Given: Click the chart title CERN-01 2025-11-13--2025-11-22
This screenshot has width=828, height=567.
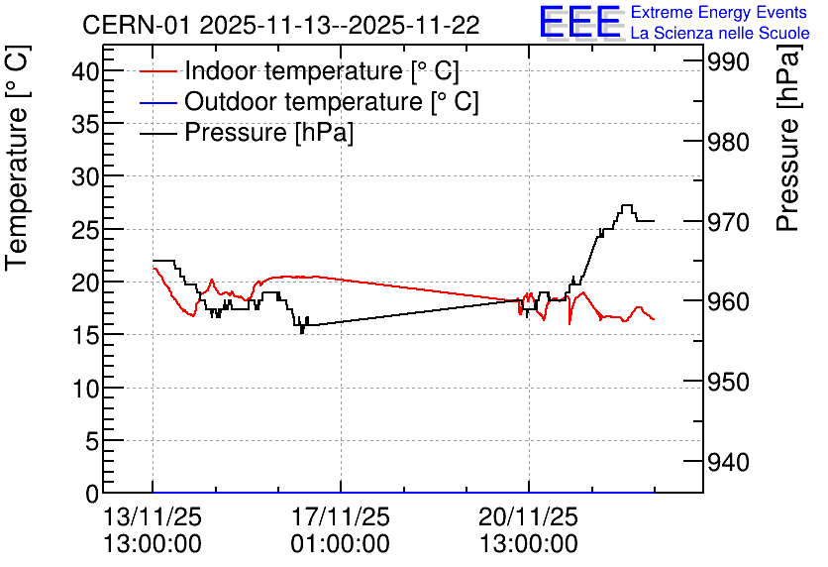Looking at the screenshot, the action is [x=281, y=25].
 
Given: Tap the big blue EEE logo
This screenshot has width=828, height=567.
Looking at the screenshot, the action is [x=579, y=22].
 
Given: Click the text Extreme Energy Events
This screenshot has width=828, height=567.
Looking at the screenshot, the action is [x=719, y=12].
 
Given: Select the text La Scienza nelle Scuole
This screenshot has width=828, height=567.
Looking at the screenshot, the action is [x=720, y=33].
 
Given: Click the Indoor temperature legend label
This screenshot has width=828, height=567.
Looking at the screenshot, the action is [x=322, y=70].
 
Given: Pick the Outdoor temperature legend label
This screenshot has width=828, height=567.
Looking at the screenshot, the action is [x=332, y=101].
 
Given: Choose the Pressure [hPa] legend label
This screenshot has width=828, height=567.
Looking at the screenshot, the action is [x=268, y=132].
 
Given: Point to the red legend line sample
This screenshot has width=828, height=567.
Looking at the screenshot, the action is [x=157, y=71].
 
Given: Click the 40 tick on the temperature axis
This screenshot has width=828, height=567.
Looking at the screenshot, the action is [x=85, y=70].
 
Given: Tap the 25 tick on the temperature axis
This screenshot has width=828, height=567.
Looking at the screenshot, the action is [x=85, y=230].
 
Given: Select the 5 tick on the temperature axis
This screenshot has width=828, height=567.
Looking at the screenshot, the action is [x=92, y=441].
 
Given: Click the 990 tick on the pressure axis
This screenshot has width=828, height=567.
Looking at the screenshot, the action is [x=728, y=61].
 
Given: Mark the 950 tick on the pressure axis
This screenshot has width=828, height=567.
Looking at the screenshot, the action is [x=728, y=382].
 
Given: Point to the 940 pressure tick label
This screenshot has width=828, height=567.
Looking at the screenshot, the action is [x=728, y=462].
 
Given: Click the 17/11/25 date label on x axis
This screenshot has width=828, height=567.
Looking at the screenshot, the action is [x=341, y=516].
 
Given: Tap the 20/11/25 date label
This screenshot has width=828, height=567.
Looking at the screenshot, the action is [x=529, y=516].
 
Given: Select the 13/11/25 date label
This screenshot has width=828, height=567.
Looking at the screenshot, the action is [x=153, y=516].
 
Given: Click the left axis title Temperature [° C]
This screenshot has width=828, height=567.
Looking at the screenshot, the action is [x=17, y=159].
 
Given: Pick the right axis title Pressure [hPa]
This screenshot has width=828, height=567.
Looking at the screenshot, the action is [x=788, y=139].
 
